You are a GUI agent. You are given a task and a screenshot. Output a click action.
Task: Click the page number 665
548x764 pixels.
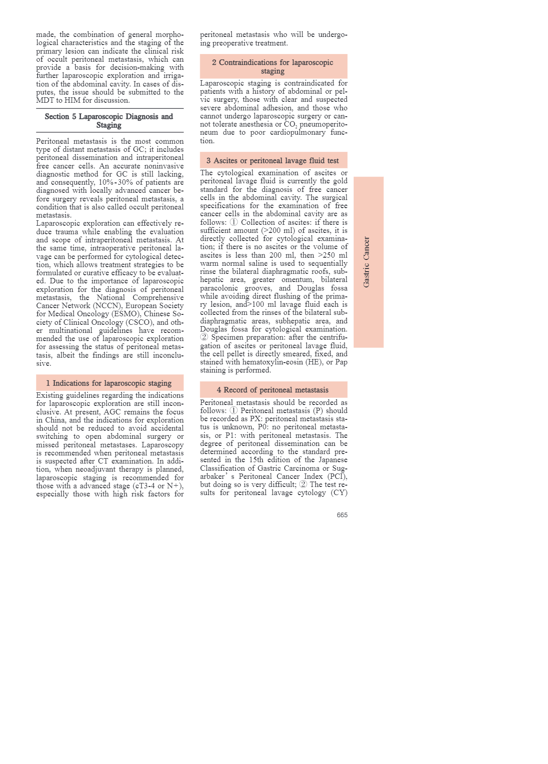coord(342,515)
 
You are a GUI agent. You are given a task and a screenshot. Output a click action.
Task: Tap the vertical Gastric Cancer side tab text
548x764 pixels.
coord(367,262)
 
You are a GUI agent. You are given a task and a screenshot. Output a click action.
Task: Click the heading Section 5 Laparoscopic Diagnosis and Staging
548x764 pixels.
coord(109,121)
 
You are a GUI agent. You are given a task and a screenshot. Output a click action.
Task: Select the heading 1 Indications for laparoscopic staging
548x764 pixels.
coord(109,383)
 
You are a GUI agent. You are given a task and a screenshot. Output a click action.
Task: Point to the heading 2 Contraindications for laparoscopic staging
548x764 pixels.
coord(273,67)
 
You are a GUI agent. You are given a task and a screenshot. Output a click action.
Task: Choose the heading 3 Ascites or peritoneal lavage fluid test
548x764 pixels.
coord(273,160)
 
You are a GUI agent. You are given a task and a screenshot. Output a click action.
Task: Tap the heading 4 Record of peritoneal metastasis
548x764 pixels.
coord(273,390)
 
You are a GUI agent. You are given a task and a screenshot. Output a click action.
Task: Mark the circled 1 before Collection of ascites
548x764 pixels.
coord(234,223)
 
